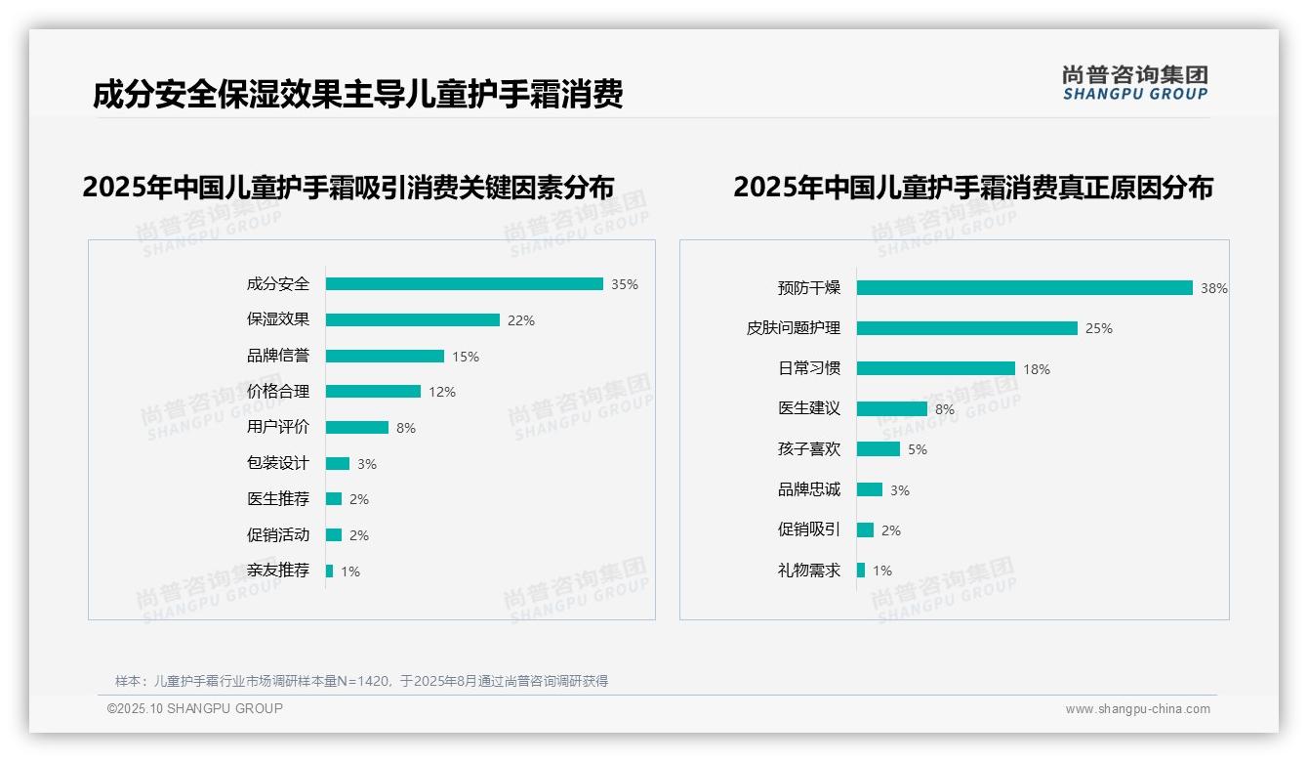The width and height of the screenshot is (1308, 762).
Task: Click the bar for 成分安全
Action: click(x=464, y=284)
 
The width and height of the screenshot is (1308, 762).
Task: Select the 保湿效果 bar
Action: click(x=412, y=320)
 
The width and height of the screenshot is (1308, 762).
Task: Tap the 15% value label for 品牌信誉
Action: click(x=466, y=357)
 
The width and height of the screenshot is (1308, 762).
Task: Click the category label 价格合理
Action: click(x=278, y=392)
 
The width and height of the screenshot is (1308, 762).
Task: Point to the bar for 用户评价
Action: click(x=356, y=428)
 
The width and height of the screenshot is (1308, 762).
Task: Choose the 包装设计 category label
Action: click(x=278, y=463)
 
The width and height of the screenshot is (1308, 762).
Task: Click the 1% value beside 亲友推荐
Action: click(x=349, y=571)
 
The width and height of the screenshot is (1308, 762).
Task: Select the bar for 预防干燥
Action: click(x=1024, y=288)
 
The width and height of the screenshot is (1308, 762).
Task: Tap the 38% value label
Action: click(x=1213, y=288)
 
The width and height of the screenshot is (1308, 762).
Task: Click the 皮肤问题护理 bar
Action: click(x=966, y=328)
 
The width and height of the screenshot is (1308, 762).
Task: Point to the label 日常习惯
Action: click(x=809, y=368)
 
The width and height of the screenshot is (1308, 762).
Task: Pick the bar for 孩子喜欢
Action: click(x=878, y=449)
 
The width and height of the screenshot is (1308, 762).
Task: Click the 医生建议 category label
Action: click(x=809, y=408)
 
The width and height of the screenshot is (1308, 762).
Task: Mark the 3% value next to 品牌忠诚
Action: click(x=899, y=490)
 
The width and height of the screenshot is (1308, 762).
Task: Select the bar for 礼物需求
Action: click(x=861, y=571)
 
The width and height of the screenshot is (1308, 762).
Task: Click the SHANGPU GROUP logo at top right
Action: click(x=1135, y=82)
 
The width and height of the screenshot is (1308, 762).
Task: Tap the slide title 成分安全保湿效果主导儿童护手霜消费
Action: click(x=357, y=95)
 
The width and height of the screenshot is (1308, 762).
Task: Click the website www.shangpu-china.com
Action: click(x=1137, y=709)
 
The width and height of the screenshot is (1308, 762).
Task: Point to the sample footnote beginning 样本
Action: click(x=361, y=681)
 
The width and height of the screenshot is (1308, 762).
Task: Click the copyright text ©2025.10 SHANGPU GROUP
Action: click(x=195, y=708)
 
